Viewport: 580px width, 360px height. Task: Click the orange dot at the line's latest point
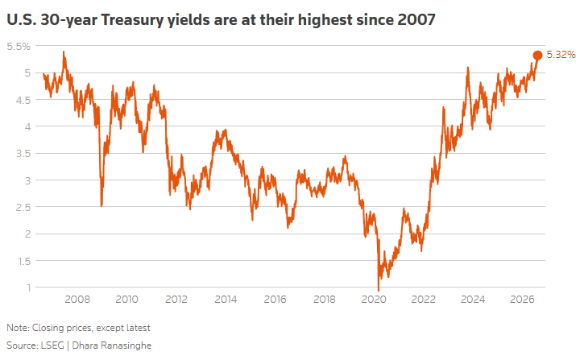(x=537, y=55)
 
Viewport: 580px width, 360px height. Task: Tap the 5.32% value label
(x=561, y=55)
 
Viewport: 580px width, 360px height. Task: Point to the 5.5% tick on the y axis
(x=19, y=46)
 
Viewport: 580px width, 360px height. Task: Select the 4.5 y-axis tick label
(x=23, y=100)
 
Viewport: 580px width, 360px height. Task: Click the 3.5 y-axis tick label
(x=23, y=154)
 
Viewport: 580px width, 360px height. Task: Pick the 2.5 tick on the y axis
(x=23, y=207)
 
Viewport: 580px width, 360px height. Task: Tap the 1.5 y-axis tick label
(x=24, y=261)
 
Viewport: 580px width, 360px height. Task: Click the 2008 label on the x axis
(x=77, y=299)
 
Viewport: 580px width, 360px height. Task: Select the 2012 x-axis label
(x=176, y=299)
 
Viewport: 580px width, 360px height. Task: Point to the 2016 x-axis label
(x=275, y=299)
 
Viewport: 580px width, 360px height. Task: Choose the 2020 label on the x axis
(x=374, y=299)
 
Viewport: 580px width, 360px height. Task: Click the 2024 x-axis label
(x=473, y=299)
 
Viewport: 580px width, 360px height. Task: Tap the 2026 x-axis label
(x=522, y=299)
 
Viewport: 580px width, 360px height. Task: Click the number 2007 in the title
(x=416, y=19)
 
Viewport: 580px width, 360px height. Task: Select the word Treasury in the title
(x=132, y=20)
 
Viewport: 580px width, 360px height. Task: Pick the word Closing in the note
(x=47, y=328)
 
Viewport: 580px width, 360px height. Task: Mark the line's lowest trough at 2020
(x=378, y=290)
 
